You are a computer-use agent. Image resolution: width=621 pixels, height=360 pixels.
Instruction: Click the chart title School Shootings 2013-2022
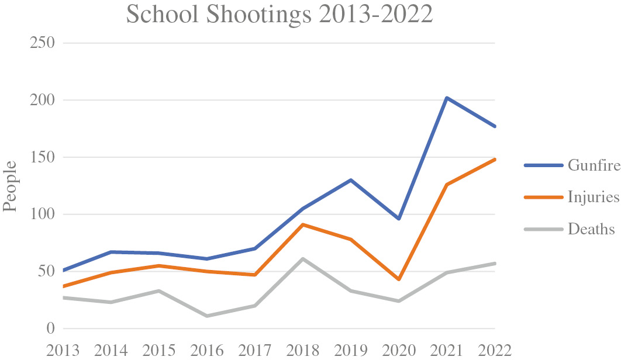[280, 14]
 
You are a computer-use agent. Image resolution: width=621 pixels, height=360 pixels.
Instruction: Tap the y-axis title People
[10, 186]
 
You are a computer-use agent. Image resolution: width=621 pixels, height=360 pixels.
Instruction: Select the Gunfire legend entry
[572, 165]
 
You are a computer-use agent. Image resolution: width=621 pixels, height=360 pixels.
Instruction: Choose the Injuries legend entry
[572, 197]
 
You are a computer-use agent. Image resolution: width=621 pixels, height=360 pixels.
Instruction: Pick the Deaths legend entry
[570, 229]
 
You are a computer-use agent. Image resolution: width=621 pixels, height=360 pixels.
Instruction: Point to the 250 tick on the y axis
[42, 43]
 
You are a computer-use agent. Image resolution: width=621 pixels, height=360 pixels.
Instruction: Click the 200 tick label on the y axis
[42, 100]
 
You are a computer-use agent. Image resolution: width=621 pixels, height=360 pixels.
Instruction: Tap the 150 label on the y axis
[42, 157]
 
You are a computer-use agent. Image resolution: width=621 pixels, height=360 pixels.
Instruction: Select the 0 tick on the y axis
[51, 328]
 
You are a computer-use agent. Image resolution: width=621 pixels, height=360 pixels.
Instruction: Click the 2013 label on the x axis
[63, 351]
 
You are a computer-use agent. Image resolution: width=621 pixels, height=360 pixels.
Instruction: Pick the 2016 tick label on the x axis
[207, 351]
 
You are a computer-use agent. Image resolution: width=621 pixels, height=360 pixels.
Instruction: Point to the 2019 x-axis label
[351, 351]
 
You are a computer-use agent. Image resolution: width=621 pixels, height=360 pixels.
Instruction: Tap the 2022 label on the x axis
[495, 351]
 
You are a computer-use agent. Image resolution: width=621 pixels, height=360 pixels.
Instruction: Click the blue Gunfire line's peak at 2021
[447, 98]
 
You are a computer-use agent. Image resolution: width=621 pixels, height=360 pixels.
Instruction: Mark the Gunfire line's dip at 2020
[399, 219]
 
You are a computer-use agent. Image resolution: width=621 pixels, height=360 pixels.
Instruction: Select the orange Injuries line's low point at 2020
[399, 279]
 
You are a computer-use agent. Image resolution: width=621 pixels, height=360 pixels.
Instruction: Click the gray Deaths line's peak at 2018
[303, 259]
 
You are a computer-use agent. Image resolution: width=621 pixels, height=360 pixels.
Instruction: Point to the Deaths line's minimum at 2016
[207, 316]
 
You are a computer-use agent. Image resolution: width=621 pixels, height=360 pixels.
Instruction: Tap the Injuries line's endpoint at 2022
[495, 159]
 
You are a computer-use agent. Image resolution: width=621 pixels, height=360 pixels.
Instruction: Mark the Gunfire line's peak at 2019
[351, 180]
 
